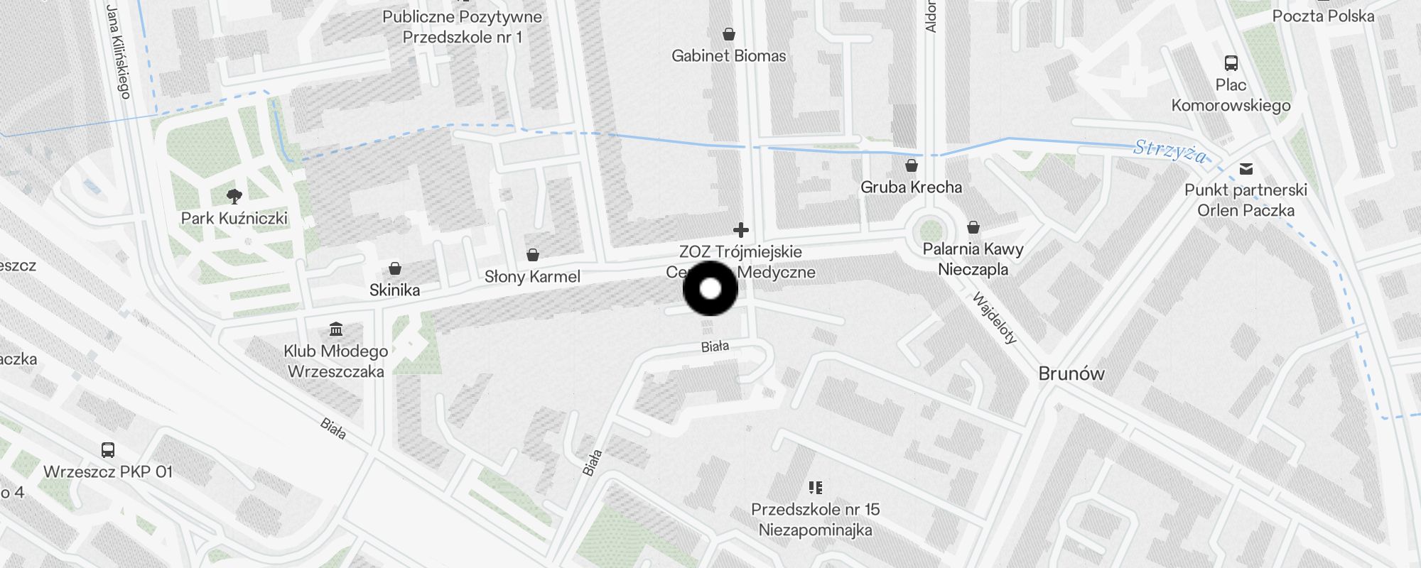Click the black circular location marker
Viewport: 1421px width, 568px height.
pos(710,288)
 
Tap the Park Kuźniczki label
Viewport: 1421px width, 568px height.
pos(234,218)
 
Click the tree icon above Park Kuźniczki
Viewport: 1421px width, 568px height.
pos(234,196)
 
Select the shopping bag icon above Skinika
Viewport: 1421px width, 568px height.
pos(395,268)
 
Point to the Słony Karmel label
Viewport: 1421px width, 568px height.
pos(532,277)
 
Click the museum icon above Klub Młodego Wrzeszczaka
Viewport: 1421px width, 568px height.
pos(336,329)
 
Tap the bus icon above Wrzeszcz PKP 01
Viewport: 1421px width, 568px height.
pos(108,449)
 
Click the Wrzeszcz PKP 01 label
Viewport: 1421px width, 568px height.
pos(108,471)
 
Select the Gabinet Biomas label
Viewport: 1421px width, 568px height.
pos(728,56)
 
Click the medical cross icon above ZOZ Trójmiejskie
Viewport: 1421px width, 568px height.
pos(740,230)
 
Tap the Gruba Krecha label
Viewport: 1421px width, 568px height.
pos(911,187)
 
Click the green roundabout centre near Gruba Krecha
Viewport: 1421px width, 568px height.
pos(930,230)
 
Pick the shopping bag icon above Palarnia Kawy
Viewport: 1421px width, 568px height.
pos(973,227)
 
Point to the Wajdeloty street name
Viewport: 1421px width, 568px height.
pos(995,318)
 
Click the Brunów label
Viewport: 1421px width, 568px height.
pos(1071,373)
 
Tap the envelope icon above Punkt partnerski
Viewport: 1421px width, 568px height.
pos(1246,169)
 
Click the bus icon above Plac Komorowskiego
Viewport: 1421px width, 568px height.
pos(1231,63)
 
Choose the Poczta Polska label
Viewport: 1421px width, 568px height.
pos(1323,16)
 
